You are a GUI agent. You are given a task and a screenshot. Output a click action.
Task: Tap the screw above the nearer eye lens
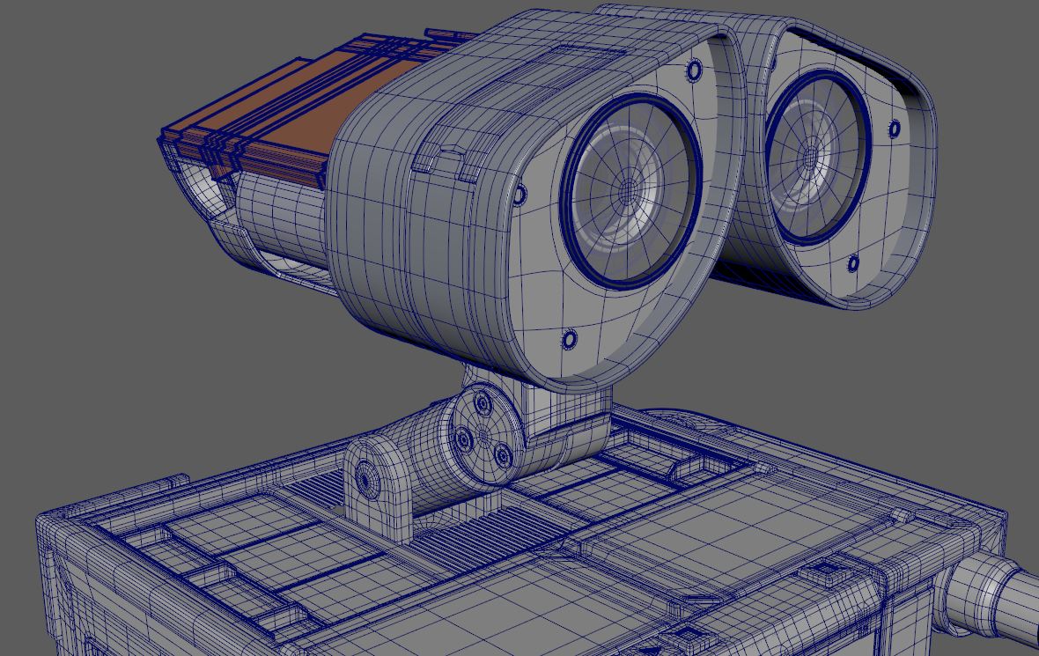[x=694, y=70]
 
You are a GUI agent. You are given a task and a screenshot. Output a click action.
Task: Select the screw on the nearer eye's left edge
[x=519, y=194]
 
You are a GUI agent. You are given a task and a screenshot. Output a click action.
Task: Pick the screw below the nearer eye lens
[x=569, y=339]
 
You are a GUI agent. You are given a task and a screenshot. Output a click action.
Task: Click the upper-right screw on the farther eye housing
[x=895, y=129]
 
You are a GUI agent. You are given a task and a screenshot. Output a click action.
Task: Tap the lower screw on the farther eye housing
[x=853, y=263]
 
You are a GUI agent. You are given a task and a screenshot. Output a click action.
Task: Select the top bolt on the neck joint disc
[x=483, y=405]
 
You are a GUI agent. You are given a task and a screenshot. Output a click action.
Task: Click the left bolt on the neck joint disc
[x=462, y=437]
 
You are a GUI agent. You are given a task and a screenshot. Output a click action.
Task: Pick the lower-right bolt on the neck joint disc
[x=503, y=455]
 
